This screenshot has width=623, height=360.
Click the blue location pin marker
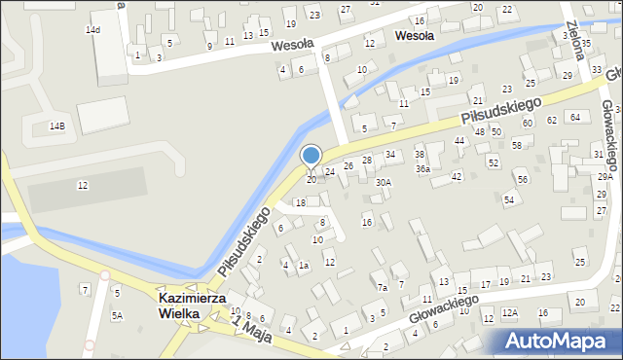pos(311,156)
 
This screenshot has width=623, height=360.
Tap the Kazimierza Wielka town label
pos(193,306)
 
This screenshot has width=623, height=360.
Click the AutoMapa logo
pos(557,341)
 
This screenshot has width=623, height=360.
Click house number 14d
pos(92,30)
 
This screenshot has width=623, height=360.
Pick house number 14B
pos(57,126)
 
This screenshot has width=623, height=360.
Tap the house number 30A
pos(384,182)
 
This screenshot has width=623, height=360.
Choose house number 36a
pos(422,168)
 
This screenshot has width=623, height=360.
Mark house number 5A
pos(117,315)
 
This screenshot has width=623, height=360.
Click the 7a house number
pos(383,287)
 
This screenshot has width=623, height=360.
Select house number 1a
pos(304,265)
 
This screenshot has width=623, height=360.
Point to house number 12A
pos(509,312)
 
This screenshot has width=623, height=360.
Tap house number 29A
pos(605,177)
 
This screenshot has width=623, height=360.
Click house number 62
pos(552,120)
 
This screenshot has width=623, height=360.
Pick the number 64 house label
pos(575,117)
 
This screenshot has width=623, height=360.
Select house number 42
pos(457,176)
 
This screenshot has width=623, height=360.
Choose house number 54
pos(508,199)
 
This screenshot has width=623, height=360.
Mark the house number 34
pos(390,154)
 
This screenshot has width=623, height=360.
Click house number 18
pos(300,202)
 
